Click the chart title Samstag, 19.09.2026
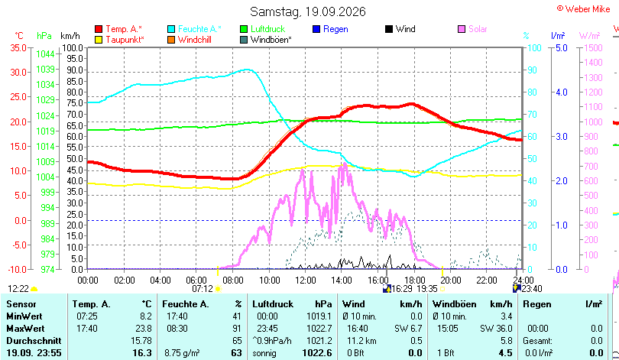click(308, 11)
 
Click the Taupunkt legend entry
click(120, 40)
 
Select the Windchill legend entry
click(190, 40)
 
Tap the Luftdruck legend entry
click(263, 29)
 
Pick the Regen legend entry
click(330, 29)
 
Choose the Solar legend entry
click(472, 29)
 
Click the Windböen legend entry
click(266, 40)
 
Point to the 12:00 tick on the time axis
click(305, 281)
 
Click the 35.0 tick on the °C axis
click(18, 47)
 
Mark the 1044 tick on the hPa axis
click(45, 54)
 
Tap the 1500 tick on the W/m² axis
click(593, 47)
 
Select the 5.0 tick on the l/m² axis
click(562, 47)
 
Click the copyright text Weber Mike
click(584, 9)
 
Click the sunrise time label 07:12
click(203, 289)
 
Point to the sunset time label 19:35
click(427, 289)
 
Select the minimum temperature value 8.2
click(146, 316)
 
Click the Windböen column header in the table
click(455, 304)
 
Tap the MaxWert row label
click(25, 329)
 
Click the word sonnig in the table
click(264, 353)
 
